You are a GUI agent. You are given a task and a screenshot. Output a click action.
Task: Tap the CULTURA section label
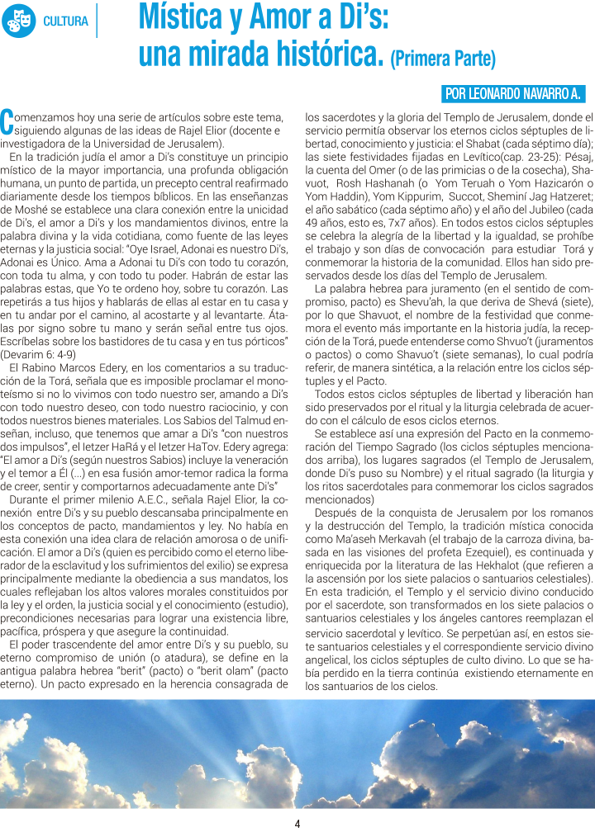click(66, 21)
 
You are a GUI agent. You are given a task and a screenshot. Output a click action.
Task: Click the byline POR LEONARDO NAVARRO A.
click(513, 93)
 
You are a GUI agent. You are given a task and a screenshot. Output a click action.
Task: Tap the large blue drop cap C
click(7, 121)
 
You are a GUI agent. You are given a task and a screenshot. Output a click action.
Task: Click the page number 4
click(297, 823)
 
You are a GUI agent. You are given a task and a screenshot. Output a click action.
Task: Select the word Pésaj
click(571, 155)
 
